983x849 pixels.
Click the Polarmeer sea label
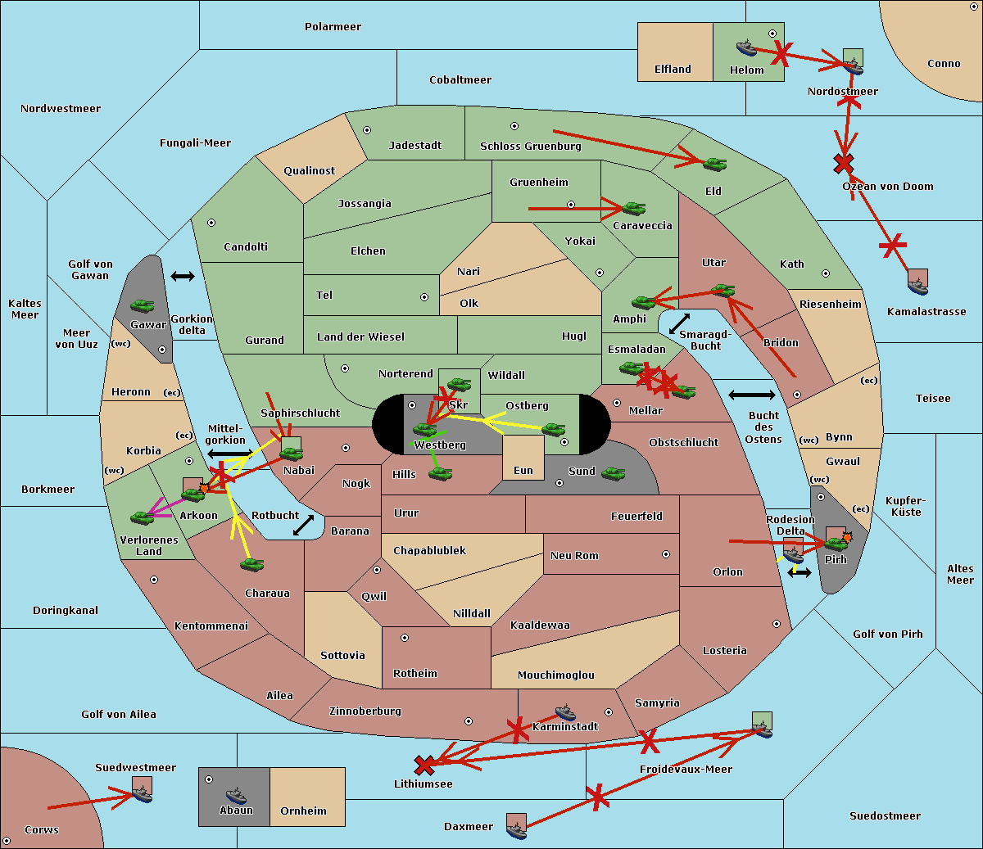point(333,27)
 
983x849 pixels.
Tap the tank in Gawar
point(143,306)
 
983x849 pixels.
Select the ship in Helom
point(746,47)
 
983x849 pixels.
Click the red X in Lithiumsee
point(424,765)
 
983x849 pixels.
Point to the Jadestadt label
point(414,145)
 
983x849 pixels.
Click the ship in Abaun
point(236,795)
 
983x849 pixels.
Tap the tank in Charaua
point(252,564)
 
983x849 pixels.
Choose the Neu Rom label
point(574,555)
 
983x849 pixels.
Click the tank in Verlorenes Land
point(143,517)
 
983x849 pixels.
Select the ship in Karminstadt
point(565,712)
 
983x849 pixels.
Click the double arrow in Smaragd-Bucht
point(679,324)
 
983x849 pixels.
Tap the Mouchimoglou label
point(555,675)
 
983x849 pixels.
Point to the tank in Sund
point(614,473)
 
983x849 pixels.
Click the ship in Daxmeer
point(516,831)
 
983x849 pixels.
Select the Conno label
point(944,63)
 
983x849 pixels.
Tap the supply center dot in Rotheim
point(405,638)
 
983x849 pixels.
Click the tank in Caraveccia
point(633,209)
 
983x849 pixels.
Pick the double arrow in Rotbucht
point(303,525)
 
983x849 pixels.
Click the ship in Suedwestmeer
point(143,793)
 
